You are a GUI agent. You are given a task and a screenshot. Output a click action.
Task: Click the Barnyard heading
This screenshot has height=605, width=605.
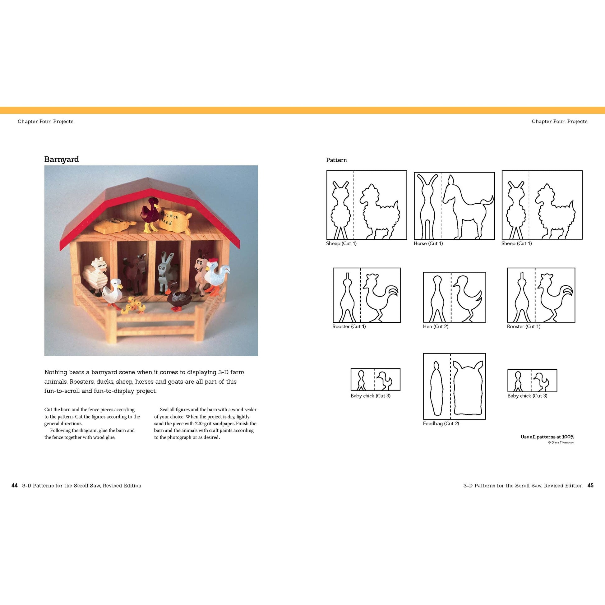pyautogui.click(x=61, y=159)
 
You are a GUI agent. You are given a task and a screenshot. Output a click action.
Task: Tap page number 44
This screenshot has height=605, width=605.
pyautogui.click(x=14, y=485)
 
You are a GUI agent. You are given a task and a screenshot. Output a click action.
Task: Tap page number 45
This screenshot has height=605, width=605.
pyautogui.click(x=590, y=485)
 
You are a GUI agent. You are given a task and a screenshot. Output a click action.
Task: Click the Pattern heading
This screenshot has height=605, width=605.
pyautogui.click(x=336, y=160)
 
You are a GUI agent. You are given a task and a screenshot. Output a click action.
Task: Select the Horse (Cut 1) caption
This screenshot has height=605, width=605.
pyautogui.click(x=428, y=243)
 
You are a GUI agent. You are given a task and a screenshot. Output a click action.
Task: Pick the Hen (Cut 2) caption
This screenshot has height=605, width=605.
pyautogui.click(x=436, y=326)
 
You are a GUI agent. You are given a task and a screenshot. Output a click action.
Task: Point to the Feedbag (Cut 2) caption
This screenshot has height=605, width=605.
pyautogui.click(x=441, y=423)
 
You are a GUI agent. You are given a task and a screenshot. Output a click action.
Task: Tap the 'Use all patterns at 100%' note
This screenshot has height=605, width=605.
pyautogui.click(x=547, y=437)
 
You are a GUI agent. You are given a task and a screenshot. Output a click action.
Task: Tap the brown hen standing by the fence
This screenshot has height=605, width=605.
pyautogui.click(x=179, y=296)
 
